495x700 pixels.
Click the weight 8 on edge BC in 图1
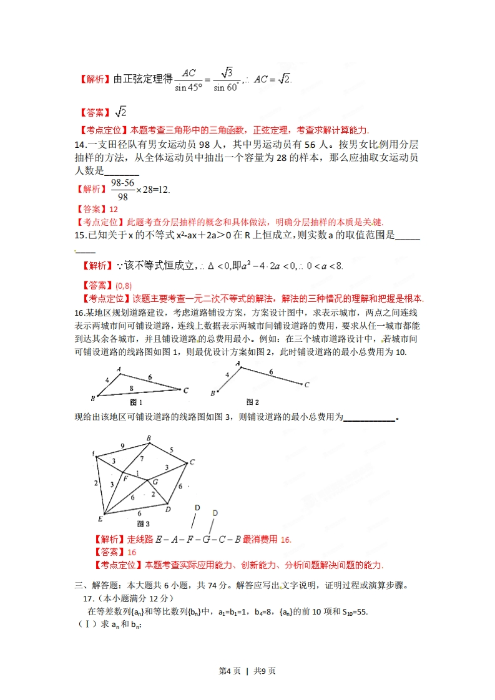click(130, 388)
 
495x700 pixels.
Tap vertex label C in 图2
click(306, 385)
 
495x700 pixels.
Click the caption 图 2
click(253, 402)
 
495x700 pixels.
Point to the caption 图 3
click(143, 523)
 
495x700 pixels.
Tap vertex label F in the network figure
click(125, 478)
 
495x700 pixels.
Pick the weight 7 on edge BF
click(142, 459)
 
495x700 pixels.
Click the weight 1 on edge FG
click(137, 472)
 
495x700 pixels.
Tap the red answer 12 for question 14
click(113, 210)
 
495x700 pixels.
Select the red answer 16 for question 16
click(132, 552)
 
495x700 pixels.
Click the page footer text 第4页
click(230, 671)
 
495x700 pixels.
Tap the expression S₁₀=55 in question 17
click(353, 611)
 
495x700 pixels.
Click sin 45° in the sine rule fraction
click(189, 87)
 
